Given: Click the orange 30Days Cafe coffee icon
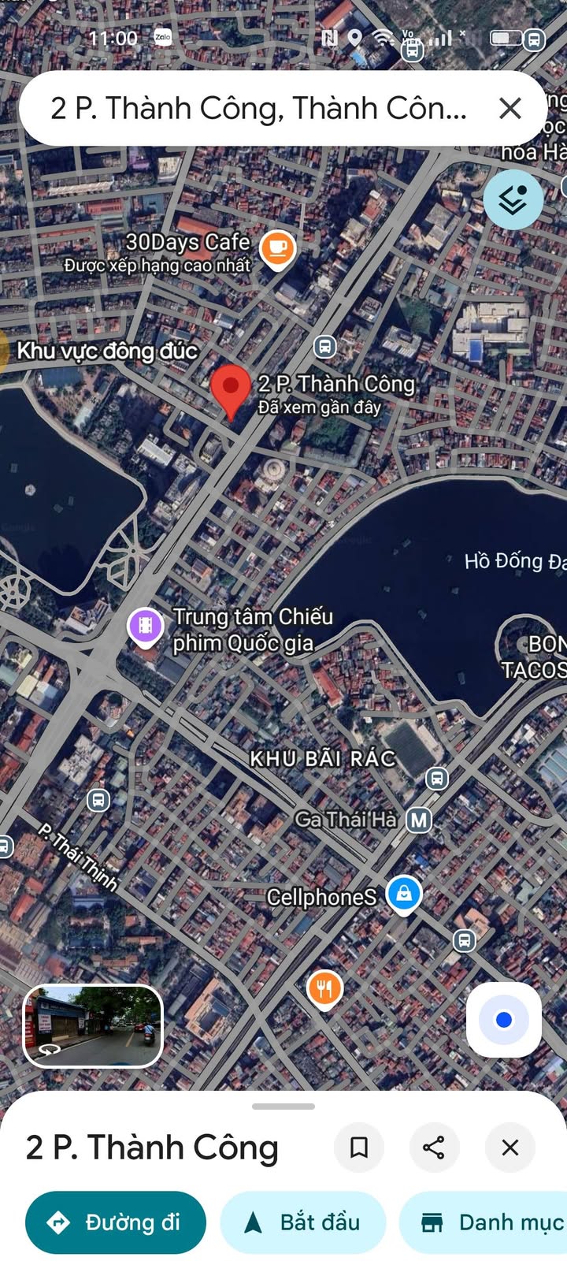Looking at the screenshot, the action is [x=277, y=248].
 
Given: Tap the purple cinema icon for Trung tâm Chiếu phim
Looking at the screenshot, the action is [x=146, y=627].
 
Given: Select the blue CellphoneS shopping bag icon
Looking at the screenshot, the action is [x=404, y=895].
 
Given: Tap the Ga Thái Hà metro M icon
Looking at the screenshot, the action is [x=419, y=820].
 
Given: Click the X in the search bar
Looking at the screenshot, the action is [x=510, y=108].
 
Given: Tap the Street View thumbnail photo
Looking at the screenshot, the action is [x=93, y=1025].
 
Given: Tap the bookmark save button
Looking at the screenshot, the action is [x=359, y=1148].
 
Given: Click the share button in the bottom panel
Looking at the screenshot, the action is [x=434, y=1148].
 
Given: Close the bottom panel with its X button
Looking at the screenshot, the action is [x=510, y=1148].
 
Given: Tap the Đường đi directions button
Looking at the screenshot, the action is [x=116, y=1222].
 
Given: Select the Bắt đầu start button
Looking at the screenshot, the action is [x=303, y=1222].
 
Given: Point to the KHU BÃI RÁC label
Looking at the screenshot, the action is [x=323, y=758].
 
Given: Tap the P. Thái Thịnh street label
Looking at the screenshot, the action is [x=79, y=857].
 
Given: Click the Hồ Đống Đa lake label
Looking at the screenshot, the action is [x=514, y=561].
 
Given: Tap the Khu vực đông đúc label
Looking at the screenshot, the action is [x=107, y=351].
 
